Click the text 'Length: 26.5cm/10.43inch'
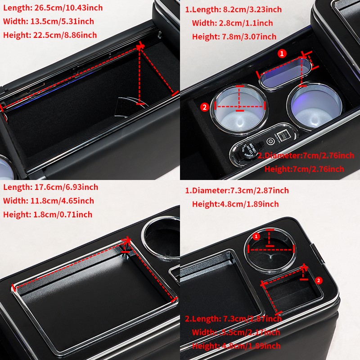[53, 8]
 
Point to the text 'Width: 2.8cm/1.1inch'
[232, 23]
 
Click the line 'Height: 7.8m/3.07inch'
[234, 36]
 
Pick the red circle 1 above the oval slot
[282, 54]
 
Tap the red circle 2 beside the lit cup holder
[205, 107]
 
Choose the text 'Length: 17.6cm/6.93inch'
[50, 187]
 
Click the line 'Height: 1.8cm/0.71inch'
[48, 214]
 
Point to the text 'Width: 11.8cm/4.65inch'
[49, 201]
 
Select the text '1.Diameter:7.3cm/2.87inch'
[237, 190]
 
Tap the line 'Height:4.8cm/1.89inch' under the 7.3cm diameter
[235, 204]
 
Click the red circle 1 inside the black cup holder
[256, 236]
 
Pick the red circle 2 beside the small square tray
[319, 280]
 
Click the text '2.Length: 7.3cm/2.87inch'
[233, 319]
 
